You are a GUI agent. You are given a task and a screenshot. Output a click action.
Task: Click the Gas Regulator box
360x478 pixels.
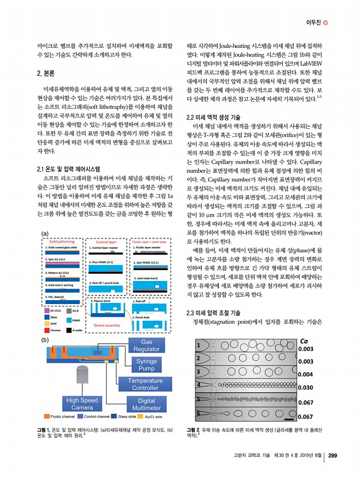click(x=146, y=346)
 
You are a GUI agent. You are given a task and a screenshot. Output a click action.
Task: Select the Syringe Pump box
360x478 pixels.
click(x=146, y=365)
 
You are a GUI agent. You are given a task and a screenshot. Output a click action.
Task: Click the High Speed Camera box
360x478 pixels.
click(x=82, y=404)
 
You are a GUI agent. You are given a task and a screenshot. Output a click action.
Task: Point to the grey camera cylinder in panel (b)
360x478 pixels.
click(x=83, y=377)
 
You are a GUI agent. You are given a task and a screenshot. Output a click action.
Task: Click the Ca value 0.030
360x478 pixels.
click(x=305, y=388)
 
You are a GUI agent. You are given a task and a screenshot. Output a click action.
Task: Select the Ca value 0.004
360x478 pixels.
click(x=305, y=374)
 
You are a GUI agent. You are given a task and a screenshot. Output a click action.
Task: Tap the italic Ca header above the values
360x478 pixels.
click(x=305, y=341)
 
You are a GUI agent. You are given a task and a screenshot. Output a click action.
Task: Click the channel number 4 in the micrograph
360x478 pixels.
click(x=199, y=385)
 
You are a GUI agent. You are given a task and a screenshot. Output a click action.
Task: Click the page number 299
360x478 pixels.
click(x=332, y=457)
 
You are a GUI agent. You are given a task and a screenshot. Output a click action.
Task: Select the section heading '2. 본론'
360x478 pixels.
click(x=46, y=73)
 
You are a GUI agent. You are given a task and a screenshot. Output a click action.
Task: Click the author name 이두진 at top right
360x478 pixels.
click(x=312, y=22)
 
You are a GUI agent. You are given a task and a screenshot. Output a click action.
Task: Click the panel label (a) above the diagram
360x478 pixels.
click(x=44, y=249)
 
